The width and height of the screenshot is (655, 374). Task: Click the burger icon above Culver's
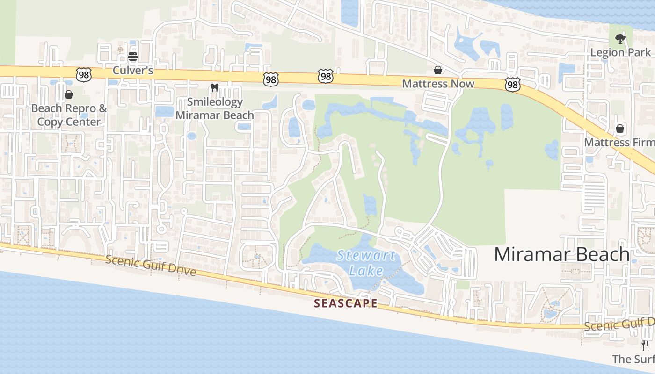coord(133,57)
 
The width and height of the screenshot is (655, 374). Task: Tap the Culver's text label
coord(133,71)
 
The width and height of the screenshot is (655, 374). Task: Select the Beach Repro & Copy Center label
coord(69,115)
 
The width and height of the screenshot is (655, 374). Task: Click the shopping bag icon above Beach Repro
coord(69,95)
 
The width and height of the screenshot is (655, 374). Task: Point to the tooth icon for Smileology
coord(215,87)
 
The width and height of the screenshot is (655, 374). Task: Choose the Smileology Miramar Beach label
coord(215,108)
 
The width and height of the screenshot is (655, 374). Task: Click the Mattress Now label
coord(438,84)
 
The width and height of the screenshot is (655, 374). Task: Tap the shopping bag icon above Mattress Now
coord(438,70)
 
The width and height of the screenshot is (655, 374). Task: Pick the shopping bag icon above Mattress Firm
coord(620,129)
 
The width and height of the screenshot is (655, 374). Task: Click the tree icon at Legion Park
coord(620,38)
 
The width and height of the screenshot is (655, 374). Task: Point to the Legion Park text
coord(620,52)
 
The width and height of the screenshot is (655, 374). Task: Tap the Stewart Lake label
coord(366,263)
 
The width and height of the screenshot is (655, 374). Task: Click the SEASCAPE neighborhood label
coord(345,303)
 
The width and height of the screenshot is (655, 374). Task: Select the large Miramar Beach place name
coord(561,254)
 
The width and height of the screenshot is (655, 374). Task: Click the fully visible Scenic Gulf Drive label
coord(150,265)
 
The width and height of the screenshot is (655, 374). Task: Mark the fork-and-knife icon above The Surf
coord(645,345)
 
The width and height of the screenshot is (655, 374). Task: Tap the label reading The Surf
coord(633,359)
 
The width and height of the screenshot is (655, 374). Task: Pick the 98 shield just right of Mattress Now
coord(512,85)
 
